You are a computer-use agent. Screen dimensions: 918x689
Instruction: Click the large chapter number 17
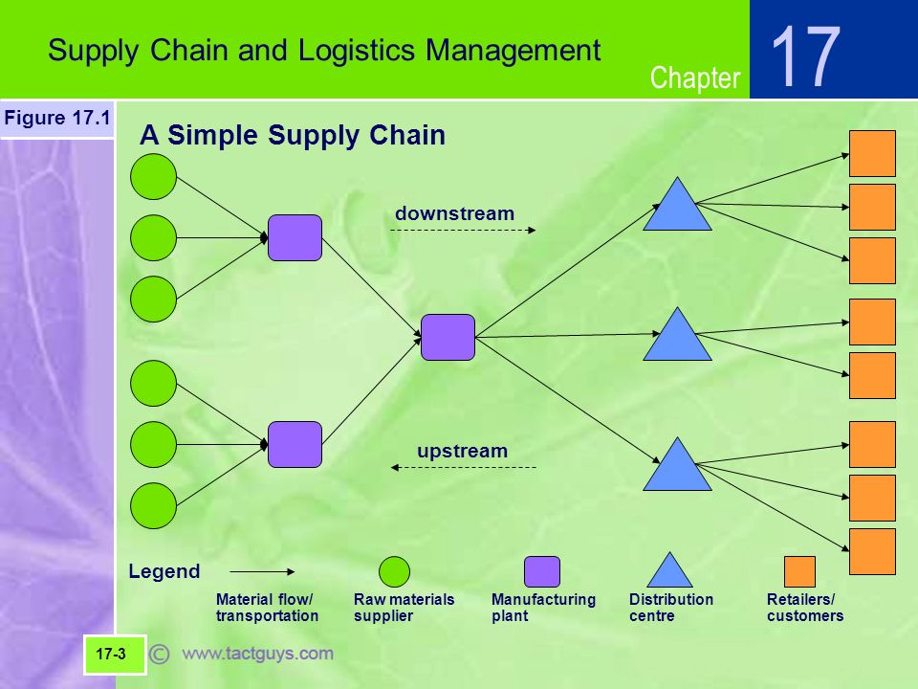point(806,56)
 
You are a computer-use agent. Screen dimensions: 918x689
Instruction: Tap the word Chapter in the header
point(695,78)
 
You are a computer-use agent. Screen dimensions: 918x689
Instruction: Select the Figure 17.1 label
point(56,118)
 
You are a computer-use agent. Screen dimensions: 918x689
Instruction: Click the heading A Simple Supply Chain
point(293,135)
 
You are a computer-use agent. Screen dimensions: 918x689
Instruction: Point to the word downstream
point(455,213)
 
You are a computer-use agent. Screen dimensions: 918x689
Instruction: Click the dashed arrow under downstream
point(463,231)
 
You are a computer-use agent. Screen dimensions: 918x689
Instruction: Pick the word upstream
point(463,451)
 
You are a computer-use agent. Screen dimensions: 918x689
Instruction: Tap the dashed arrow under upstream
point(463,468)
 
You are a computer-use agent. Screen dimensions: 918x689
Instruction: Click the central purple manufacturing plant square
point(448,338)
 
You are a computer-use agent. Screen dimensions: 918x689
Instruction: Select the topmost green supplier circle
point(153,177)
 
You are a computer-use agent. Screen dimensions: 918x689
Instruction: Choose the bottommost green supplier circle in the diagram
point(153,505)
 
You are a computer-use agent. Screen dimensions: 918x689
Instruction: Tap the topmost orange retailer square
point(872,153)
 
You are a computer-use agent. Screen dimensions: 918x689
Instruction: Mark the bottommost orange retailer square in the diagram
point(872,552)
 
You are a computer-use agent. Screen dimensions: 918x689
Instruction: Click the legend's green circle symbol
point(394,572)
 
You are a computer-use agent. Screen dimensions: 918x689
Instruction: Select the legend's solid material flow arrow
point(262,572)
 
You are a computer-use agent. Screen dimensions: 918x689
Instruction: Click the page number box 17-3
point(114,655)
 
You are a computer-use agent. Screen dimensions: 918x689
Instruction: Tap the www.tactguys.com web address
point(257,654)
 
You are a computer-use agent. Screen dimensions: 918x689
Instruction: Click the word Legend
point(164,571)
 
